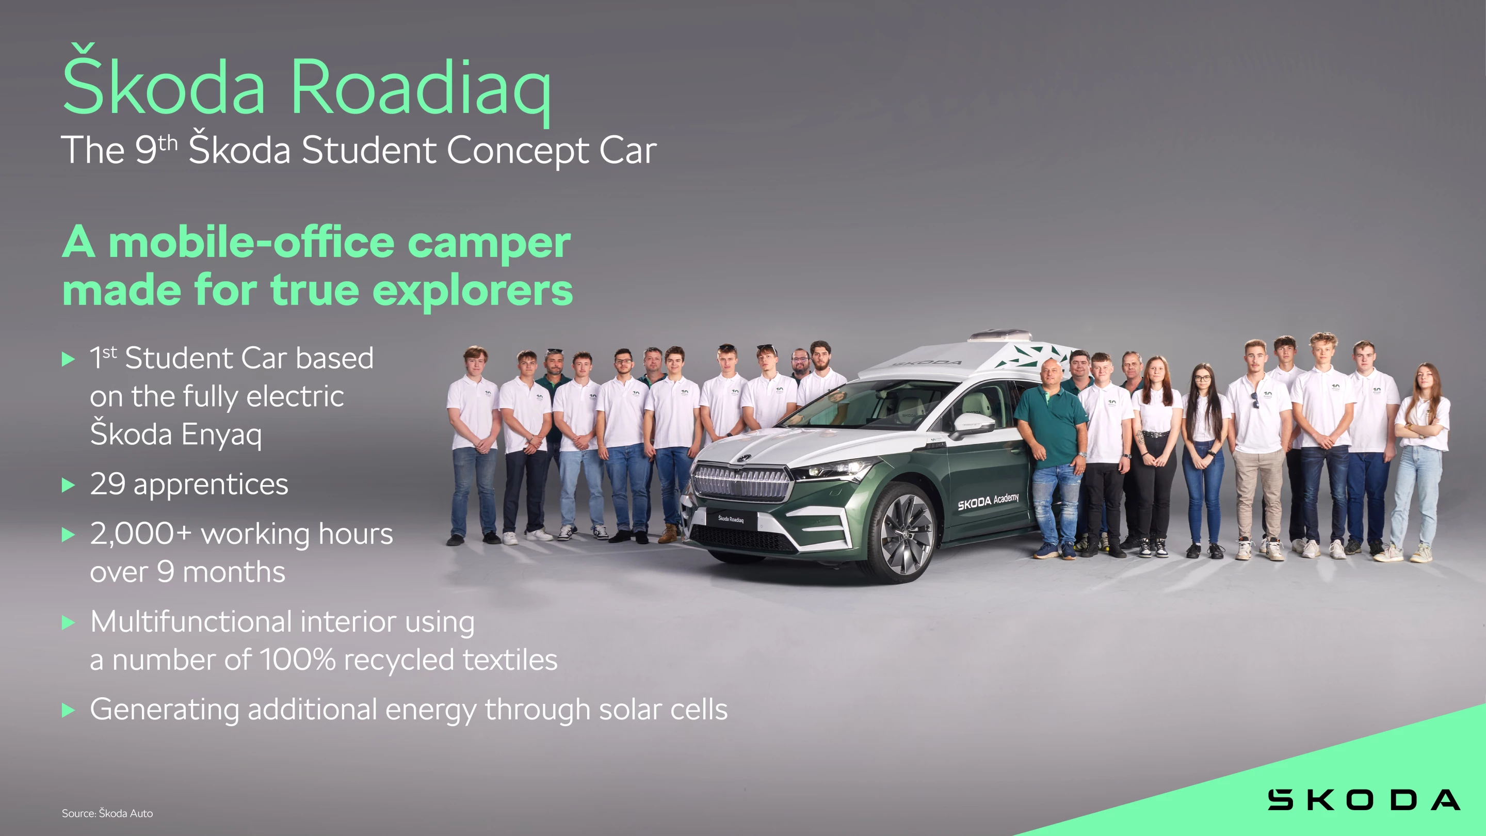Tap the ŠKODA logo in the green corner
click(x=1363, y=800)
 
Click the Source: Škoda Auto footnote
click(x=107, y=813)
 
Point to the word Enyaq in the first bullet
click(x=221, y=435)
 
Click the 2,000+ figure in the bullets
click(x=140, y=534)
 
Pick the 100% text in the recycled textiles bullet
click(x=297, y=660)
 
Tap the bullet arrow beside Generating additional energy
click(x=68, y=710)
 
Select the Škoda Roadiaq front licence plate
click(x=731, y=519)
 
